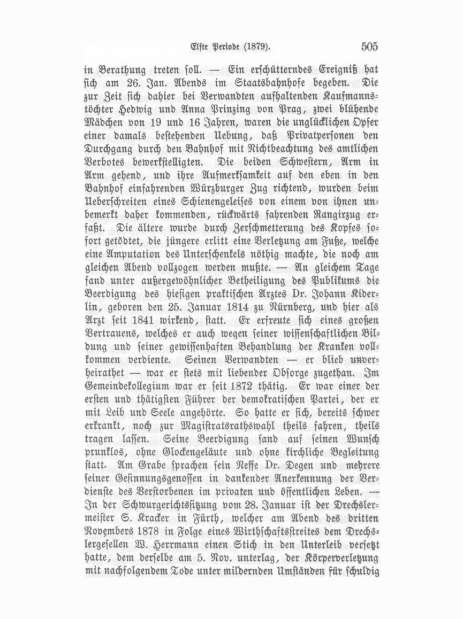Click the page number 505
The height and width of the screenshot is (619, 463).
(369, 47)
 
